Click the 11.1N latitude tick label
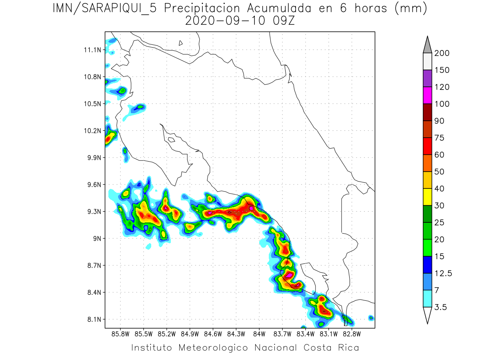[x=92, y=50]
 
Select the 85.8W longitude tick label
[x=121, y=334]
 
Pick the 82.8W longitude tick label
[x=352, y=334]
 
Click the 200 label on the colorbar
[x=442, y=53]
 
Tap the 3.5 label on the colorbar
[x=441, y=307]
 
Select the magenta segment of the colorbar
[x=427, y=95]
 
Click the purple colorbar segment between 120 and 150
[x=427, y=78]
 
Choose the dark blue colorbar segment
[x=427, y=265]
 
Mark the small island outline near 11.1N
[x=181, y=43]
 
